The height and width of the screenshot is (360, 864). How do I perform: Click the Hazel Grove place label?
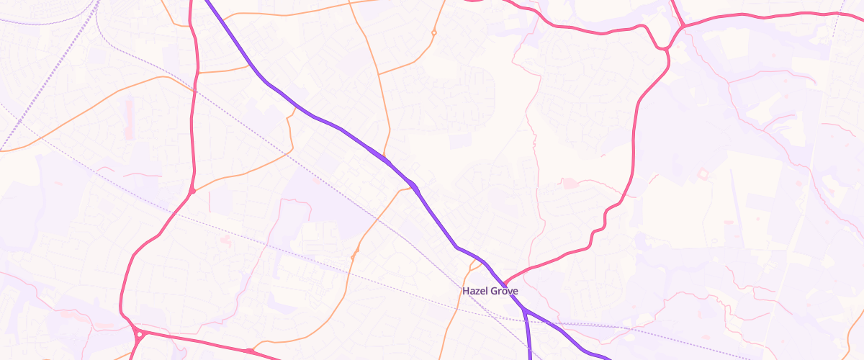[x=490, y=291]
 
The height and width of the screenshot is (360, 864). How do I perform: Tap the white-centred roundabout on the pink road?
[x=138, y=333]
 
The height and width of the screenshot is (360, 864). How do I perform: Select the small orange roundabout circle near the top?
[x=433, y=32]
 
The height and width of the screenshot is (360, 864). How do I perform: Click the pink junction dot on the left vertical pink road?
[x=193, y=191]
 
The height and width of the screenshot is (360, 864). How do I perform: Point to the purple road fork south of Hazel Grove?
[x=525, y=310]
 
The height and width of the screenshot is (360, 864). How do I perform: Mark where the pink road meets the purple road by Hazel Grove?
[x=503, y=283]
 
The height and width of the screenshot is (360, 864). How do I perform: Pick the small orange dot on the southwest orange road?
[x=355, y=254]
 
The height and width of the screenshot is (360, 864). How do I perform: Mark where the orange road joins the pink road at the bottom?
[x=248, y=351]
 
